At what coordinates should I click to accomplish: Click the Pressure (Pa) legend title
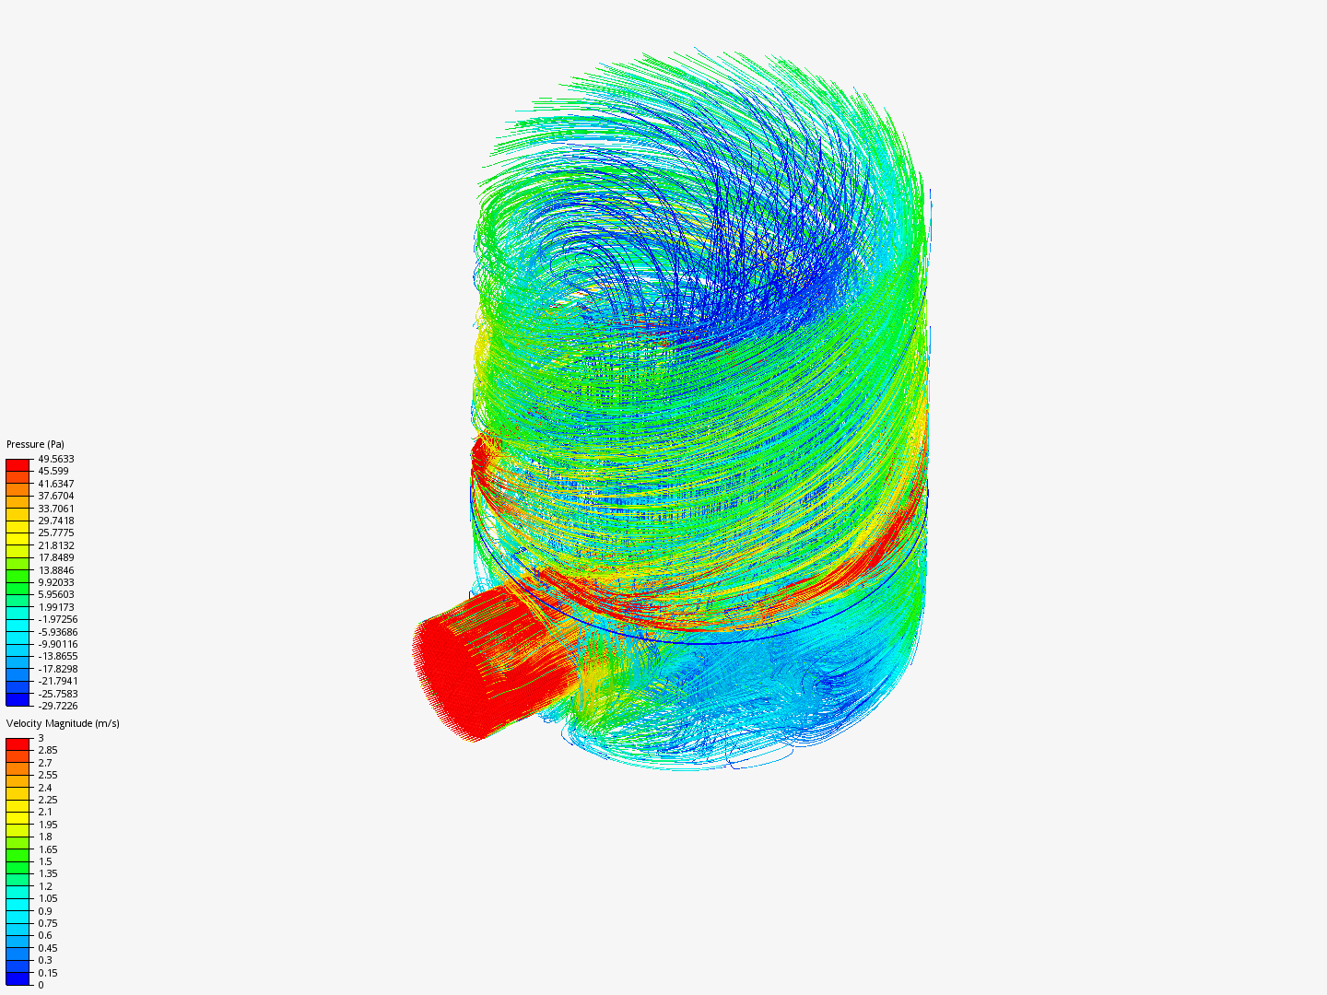pyautogui.click(x=35, y=444)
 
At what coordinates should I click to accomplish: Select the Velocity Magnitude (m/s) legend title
pyautogui.click(x=63, y=723)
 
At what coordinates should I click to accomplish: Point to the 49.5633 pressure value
pyautogui.click(x=56, y=459)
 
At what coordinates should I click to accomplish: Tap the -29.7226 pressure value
pyautogui.click(x=56, y=706)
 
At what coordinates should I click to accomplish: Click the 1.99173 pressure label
pyautogui.click(x=56, y=607)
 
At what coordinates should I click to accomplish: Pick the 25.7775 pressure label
pyautogui.click(x=56, y=533)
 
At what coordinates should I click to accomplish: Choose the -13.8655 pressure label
pyautogui.click(x=56, y=656)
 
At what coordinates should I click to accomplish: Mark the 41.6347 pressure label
pyautogui.click(x=56, y=484)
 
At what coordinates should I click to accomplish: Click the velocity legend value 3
pyautogui.click(x=41, y=738)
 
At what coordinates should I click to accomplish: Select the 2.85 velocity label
pyautogui.click(x=48, y=750)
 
